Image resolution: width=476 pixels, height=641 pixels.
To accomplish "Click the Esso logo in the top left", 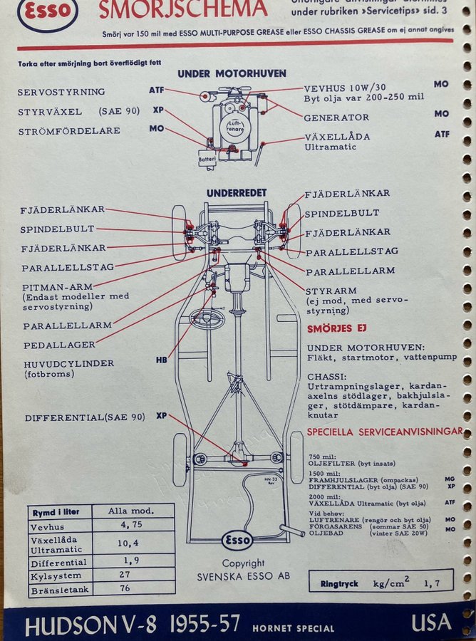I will pos(47,12).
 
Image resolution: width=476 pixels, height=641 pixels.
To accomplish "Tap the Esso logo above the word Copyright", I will pos(237,540).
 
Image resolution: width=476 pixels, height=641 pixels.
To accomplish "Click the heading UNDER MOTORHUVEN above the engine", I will pos(232,73).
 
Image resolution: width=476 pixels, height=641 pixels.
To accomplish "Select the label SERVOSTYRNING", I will pos(61,92).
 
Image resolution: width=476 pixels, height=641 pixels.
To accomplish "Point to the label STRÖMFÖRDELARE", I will pos(69,131).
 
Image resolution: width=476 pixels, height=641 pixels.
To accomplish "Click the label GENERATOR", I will pos(336,118).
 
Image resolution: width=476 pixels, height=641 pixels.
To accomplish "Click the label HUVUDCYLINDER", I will pos(68,363).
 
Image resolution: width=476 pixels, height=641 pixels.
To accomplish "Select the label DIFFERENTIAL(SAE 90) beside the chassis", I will pos(85,417).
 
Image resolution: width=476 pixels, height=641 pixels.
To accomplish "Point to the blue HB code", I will pos(161,360).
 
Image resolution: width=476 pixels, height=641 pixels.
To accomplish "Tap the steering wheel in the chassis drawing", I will pos(207,318).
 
